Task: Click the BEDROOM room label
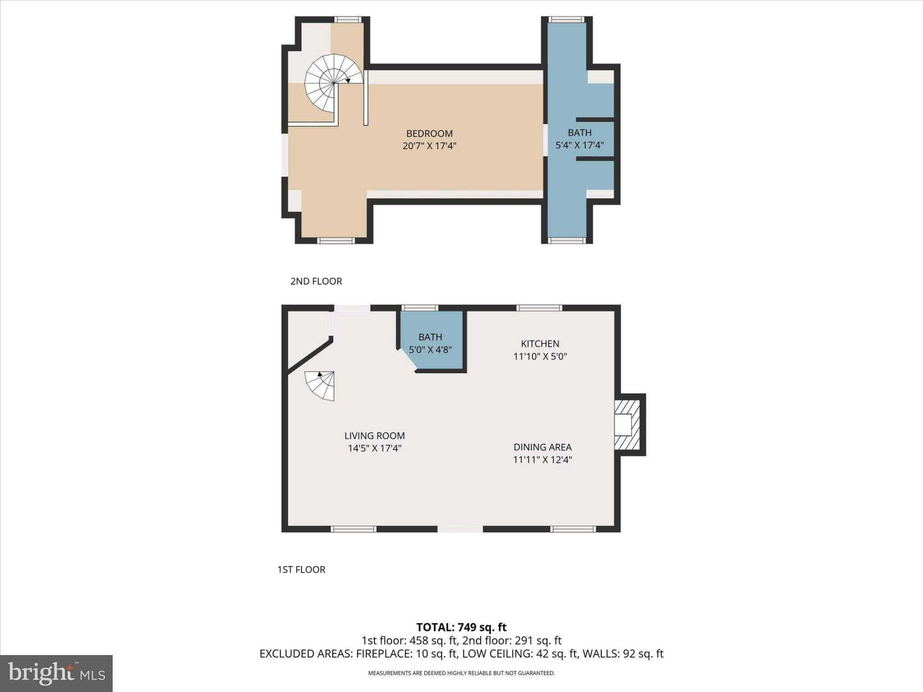point(430,133)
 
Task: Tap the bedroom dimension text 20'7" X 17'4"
point(430,146)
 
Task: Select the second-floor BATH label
point(580,133)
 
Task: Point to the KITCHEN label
point(540,344)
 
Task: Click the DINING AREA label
point(543,447)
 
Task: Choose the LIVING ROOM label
point(375,436)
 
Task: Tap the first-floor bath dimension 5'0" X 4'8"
point(430,350)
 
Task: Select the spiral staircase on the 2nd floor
point(334,83)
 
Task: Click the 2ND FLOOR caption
point(316,281)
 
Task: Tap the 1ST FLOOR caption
point(301,569)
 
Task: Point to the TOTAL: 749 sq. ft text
point(461,627)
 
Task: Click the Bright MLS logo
point(56,674)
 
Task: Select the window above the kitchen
point(539,308)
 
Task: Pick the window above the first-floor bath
point(420,308)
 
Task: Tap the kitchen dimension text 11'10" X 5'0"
point(540,356)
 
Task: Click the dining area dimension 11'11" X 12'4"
point(543,460)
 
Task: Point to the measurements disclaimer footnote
point(461,673)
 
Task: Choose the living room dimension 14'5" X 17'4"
point(375,448)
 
